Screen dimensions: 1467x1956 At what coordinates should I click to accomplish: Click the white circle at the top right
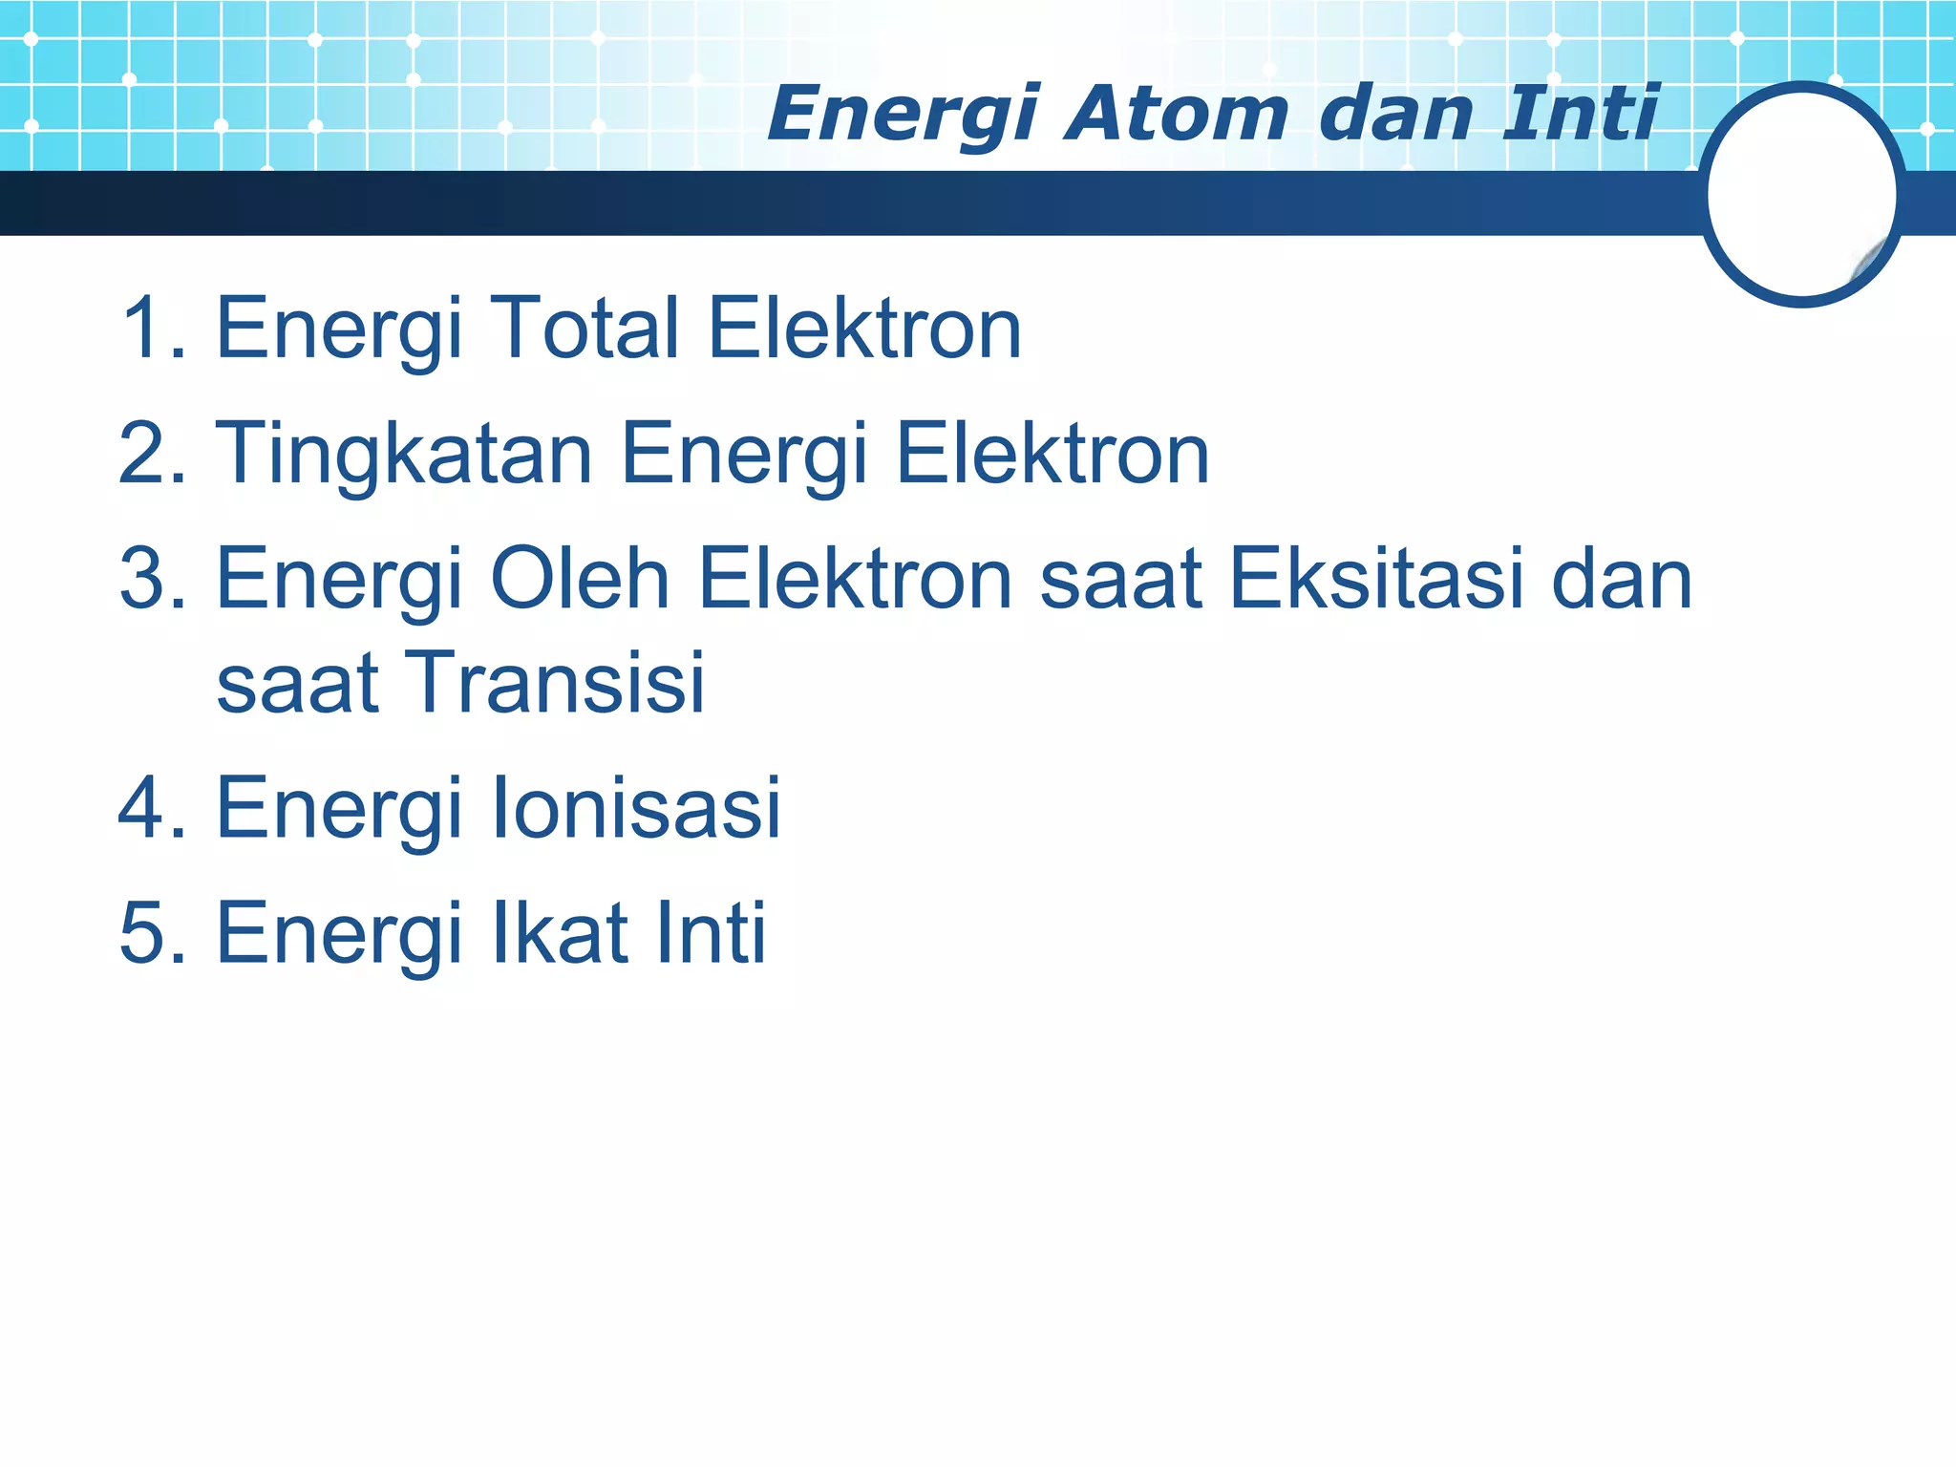point(1801,194)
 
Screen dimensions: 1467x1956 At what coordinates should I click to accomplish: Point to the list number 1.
point(143,328)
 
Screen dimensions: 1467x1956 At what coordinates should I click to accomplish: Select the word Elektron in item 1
point(864,328)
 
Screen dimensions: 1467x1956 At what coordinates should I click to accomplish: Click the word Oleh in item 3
point(580,579)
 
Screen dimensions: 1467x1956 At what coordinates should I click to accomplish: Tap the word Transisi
point(558,682)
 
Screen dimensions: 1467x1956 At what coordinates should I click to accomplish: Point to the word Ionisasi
point(636,808)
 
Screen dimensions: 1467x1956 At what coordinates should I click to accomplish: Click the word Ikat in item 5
point(560,932)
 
